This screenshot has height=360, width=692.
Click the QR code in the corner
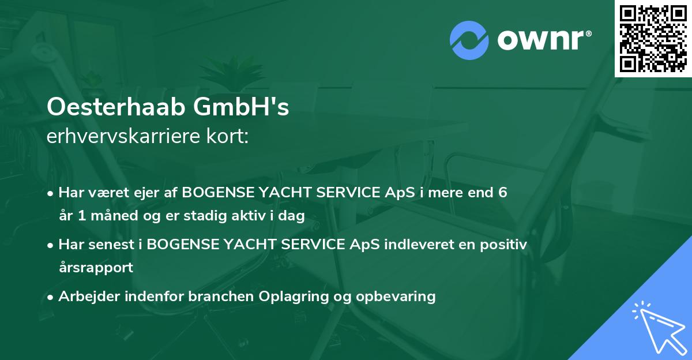[653, 38]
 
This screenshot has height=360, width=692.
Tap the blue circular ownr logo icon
[469, 40]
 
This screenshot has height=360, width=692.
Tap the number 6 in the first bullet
[503, 193]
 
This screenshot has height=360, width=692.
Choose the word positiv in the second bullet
[502, 245]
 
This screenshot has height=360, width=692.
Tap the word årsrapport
[95, 268]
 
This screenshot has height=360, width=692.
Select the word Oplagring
[291, 297]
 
